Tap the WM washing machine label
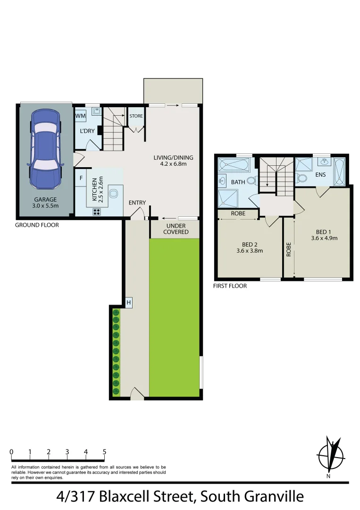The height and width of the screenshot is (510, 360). (x=80, y=116)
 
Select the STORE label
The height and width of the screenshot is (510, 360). (x=136, y=116)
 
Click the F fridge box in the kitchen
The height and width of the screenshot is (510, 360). (x=81, y=178)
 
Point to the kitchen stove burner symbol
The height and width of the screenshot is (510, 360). (x=97, y=212)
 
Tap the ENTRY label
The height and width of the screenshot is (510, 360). (x=137, y=203)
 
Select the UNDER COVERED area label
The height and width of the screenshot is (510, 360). (x=176, y=229)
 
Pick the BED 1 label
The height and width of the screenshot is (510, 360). (x=324, y=235)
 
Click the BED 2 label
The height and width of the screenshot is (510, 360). (x=250, y=247)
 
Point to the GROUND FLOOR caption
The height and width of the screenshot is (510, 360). (x=37, y=225)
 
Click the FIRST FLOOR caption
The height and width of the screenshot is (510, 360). (x=230, y=286)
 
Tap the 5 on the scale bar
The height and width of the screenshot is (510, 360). (x=104, y=451)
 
